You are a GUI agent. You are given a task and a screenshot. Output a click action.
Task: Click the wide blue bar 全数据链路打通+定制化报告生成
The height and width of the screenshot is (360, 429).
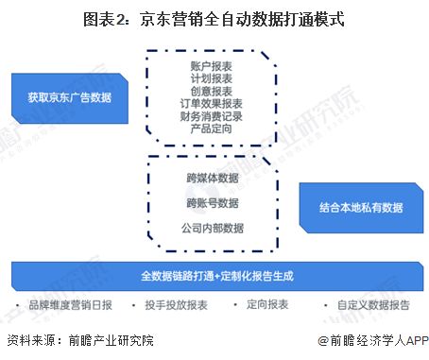[x=214, y=276]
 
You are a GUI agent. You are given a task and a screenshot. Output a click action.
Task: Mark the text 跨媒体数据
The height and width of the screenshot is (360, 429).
[x=213, y=177]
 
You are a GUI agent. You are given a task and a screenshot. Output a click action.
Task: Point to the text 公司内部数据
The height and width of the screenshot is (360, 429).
[x=213, y=227]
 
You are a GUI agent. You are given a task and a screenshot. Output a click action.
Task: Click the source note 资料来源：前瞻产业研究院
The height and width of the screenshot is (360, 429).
[x=79, y=341]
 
